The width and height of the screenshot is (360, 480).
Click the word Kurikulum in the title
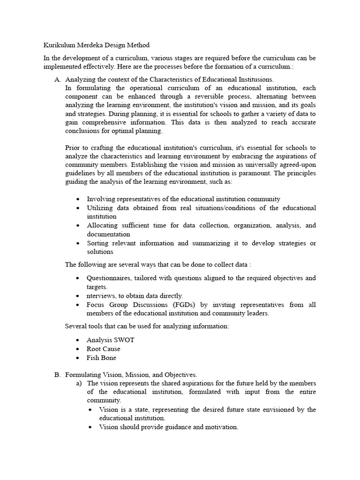point(59,45)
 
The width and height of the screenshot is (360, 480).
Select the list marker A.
point(57,80)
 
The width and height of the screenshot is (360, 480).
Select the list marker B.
point(57,375)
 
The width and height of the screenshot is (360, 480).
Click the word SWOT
point(124,340)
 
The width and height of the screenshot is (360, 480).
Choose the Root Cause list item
point(103,349)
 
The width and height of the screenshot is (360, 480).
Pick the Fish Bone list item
point(101,358)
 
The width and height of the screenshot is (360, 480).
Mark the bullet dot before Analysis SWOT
point(77,340)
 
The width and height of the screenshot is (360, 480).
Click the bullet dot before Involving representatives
point(77,199)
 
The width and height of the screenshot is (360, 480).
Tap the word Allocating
point(103,225)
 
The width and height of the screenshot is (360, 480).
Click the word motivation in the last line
point(221,427)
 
